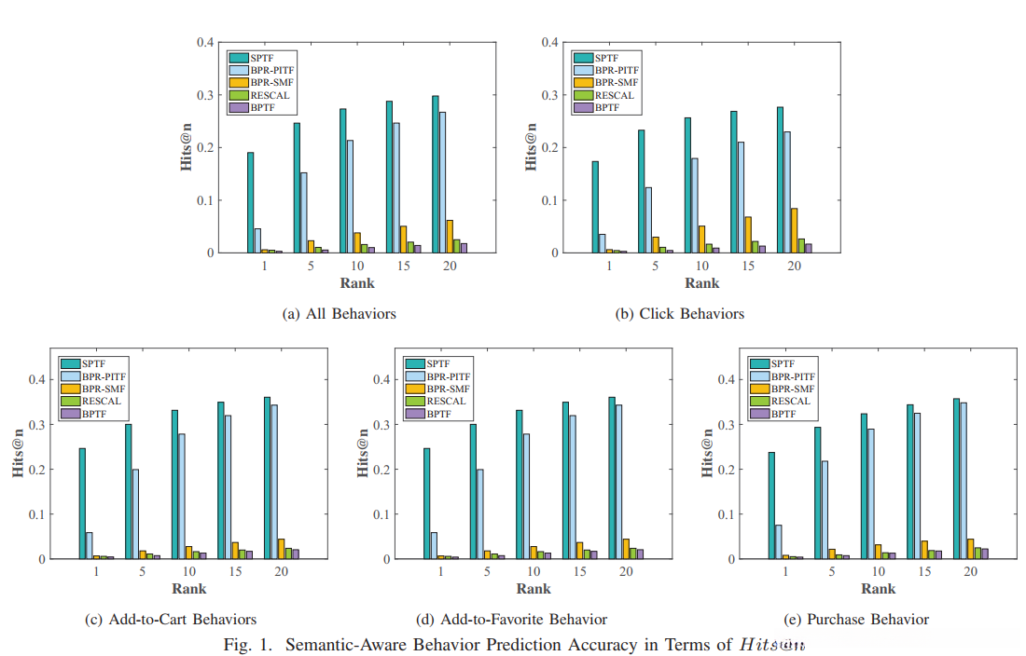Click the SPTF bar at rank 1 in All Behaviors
pos(250,202)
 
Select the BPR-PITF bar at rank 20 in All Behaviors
pos(442,183)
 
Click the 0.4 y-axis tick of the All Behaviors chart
pos(203,42)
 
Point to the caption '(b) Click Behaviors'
pos(679,314)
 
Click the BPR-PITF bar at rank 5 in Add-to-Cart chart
pos(135,513)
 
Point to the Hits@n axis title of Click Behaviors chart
pos(532,147)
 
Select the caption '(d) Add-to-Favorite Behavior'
pos(512,620)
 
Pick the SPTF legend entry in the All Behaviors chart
pos(262,58)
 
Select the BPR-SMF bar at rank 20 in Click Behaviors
pos(794,230)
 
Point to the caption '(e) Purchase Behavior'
pos(860,620)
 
